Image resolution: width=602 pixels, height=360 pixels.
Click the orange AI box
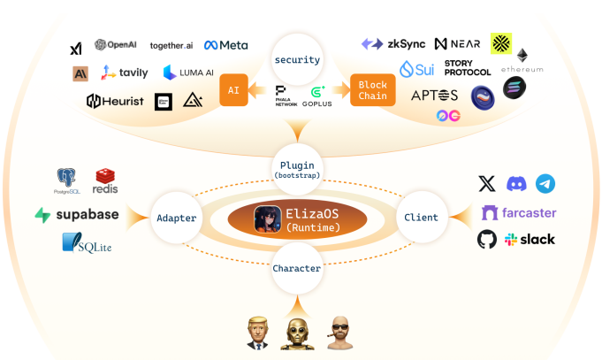click(232, 90)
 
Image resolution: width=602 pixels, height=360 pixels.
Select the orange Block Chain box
click(371, 90)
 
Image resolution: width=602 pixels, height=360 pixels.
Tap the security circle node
click(297, 60)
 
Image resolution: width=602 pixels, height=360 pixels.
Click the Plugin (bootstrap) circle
click(297, 169)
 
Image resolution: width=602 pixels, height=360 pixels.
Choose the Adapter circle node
click(176, 218)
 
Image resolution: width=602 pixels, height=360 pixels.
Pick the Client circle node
click(421, 217)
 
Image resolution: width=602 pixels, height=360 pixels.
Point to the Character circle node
click(297, 267)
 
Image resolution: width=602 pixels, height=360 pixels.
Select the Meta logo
click(226, 45)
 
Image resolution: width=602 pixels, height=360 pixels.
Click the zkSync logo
click(393, 43)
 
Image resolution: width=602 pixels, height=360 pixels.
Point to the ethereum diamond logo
click(522, 57)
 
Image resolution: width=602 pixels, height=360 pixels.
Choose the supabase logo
click(77, 215)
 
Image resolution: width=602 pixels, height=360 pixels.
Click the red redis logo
click(105, 180)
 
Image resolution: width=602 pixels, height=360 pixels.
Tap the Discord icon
click(516, 184)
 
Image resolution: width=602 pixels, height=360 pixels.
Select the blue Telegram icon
click(545, 184)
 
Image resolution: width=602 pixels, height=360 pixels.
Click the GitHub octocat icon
click(487, 239)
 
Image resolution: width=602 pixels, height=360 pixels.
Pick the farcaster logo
click(518, 212)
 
